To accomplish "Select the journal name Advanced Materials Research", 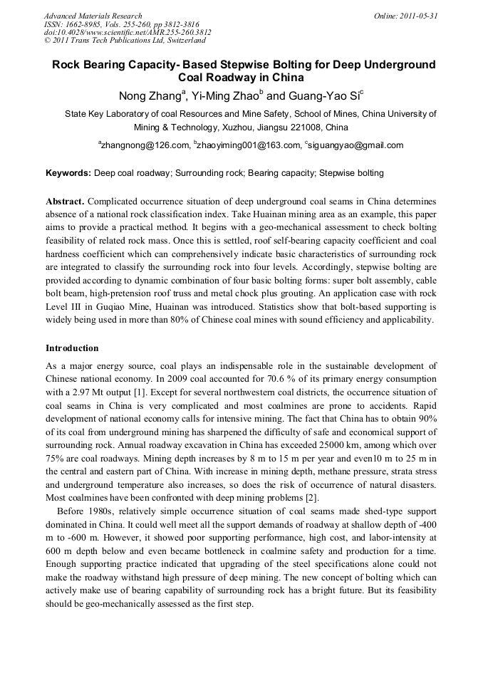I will coord(93,16).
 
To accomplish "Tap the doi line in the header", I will coord(127,33).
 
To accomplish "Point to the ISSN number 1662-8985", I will coord(88,24).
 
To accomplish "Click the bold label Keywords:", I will coord(68,173).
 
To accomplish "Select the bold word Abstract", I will coord(66,202).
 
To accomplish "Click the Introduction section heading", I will coord(72,348).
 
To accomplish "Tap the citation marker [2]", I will coord(311,497).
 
